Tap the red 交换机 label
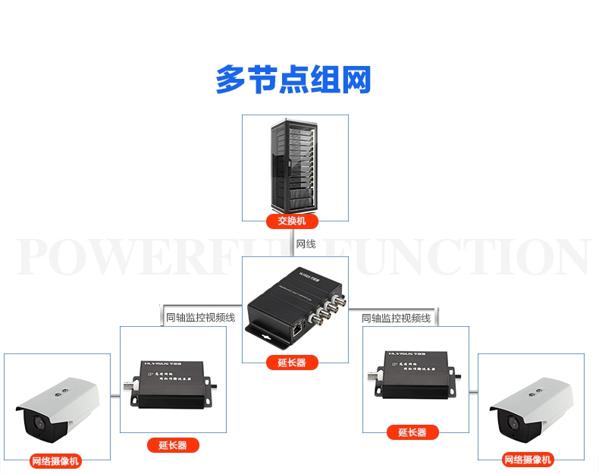(x=292, y=221)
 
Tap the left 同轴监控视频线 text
(x=200, y=318)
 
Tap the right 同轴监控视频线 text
(x=396, y=318)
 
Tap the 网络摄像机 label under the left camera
(x=55, y=460)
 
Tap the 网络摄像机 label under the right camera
(x=528, y=460)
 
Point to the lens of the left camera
(x=38, y=425)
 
